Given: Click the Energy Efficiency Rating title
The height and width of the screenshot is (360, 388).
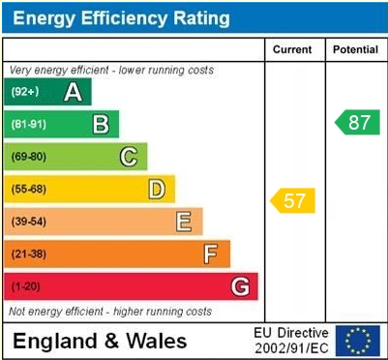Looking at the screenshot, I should click(120, 17).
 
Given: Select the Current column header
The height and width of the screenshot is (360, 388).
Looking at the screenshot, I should click(292, 49).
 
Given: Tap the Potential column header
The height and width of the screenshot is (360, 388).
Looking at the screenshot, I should click(355, 49).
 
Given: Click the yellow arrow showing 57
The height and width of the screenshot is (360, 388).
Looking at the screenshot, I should click(292, 201).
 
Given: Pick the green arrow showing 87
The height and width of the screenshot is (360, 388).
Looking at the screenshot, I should click(355, 123).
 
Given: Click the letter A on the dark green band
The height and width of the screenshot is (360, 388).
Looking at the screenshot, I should click(72, 92).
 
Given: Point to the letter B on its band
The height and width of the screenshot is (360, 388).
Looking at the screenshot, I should click(100, 124).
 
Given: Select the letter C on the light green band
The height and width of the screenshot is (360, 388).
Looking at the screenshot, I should click(128, 157).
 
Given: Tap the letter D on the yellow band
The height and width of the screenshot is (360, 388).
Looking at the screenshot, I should click(156, 189).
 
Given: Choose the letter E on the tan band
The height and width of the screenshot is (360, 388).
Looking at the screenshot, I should click(183, 222).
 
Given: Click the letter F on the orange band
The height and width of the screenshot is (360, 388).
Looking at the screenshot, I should click(210, 254).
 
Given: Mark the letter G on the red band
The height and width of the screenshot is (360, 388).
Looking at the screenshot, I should click(240, 286).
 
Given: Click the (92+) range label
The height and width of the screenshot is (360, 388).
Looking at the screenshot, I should click(25, 92).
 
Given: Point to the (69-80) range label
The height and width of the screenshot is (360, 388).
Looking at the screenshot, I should click(29, 157).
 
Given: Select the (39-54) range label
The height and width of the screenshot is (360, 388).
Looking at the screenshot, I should click(29, 222).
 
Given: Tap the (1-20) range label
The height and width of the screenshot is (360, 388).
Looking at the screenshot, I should click(26, 286).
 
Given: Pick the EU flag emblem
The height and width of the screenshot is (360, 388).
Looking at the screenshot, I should click(358, 340).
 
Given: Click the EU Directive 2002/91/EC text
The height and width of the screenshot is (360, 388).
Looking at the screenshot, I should click(291, 340).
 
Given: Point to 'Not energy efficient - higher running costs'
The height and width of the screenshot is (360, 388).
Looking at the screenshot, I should click(110, 312).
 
